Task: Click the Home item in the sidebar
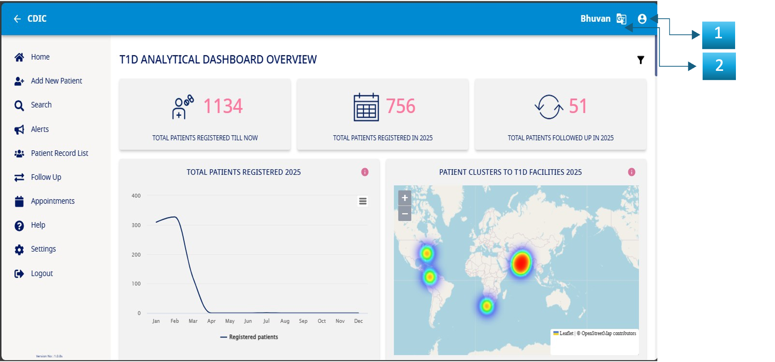[x=40, y=57]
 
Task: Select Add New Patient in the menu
[x=56, y=81]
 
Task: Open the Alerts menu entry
[x=39, y=129]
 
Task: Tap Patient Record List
[x=59, y=153]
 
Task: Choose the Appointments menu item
[x=53, y=201]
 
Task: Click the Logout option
[x=41, y=274]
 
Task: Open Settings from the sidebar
[x=43, y=249]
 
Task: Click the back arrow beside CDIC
[x=17, y=19]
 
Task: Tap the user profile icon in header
[x=642, y=19]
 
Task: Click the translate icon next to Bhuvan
[x=621, y=19]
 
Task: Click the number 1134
[x=223, y=106]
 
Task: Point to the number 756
[x=400, y=106]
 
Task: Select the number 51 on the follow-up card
[x=578, y=106]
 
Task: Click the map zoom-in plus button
[x=405, y=198]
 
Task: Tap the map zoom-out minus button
[x=405, y=213]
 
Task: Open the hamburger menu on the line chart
[x=363, y=201]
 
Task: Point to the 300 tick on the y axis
[x=136, y=225]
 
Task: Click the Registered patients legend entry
[x=249, y=337]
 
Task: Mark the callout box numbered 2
[x=719, y=66]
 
